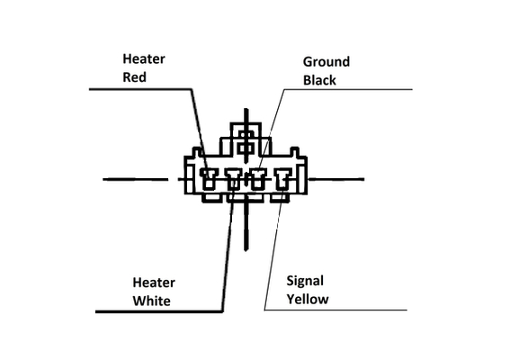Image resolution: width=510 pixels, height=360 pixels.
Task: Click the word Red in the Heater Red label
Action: pyautogui.click(x=134, y=77)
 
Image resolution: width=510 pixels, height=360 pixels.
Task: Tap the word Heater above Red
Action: pyautogui.click(x=144, y=59)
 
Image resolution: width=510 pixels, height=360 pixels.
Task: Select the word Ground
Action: pyautogui.click(x=327, y=62)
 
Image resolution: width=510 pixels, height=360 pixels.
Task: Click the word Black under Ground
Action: pyautogui.click(x=319, y=80)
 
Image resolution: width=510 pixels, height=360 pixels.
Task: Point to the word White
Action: pyautogui.click(x=152, y=301)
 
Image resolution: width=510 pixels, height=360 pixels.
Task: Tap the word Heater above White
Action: pyautogui.click(x=154, y=283)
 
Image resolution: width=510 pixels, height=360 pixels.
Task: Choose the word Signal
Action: pyautogui.click(x=305, y=281)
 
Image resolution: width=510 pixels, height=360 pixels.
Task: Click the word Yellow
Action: pyautogui.click(x=308, y=300)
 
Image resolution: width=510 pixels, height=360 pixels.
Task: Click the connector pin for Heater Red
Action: pyautogui.click(x=209, y=178)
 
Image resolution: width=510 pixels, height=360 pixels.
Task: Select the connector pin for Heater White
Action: pyautogui.click(x=233, y=179)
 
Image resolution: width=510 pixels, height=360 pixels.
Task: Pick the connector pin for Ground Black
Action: pyautogui.click(x=258, y=179)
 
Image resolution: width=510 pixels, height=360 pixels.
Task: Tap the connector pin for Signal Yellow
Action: pyautogui.click(x=283, y=178)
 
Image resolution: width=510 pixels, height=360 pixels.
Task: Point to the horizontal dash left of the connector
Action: pyautogui.click(x=136, y=179)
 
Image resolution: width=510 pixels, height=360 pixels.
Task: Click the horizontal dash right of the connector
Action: pyautogui.click(x=336, y=179)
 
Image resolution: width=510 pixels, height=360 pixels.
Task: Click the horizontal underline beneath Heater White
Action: pyautogui.click(x=159, y=311)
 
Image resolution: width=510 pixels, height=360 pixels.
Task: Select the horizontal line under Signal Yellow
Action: pyautogui.click(x=336, y=310)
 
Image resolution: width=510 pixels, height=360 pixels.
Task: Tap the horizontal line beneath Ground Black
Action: pyautogui.click(x=348, y=89)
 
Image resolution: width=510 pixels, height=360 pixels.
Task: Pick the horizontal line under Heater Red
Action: pyautogui.click(x=140, y=89)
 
